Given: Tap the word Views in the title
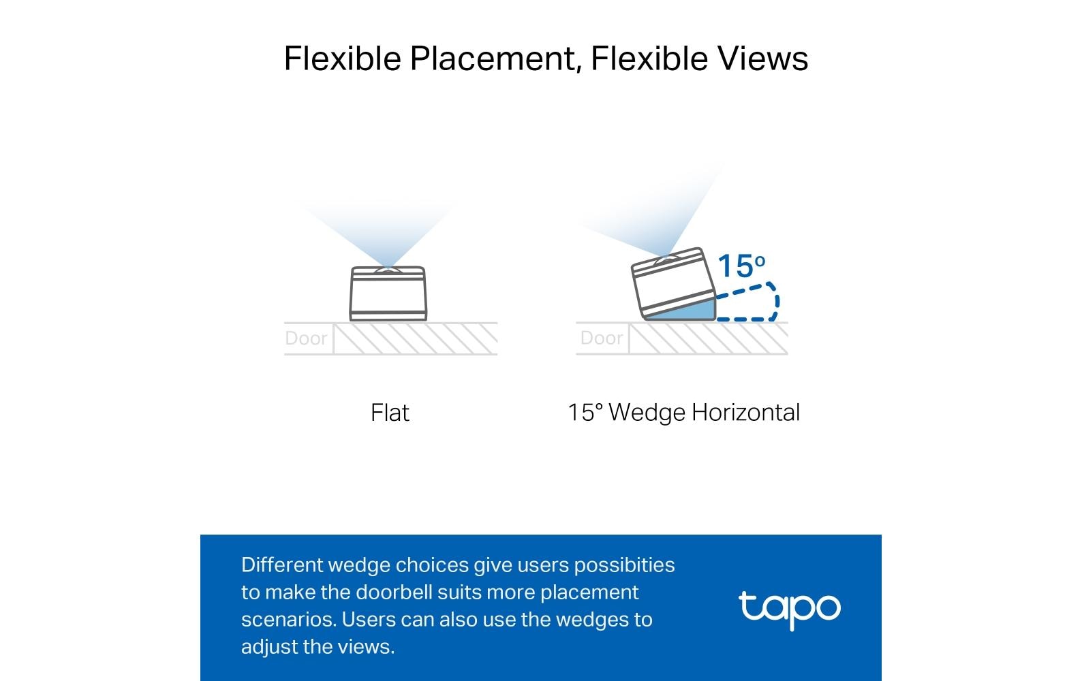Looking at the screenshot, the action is click(x=762, y=59).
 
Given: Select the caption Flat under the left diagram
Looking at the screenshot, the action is click(x=390, y=413).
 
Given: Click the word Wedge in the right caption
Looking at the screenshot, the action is click(x=647, y=413).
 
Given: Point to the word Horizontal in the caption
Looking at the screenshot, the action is click(x=746, y=413).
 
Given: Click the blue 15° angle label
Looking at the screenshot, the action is click(x=741, y=266).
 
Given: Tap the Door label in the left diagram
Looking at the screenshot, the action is click(x=306, y=338).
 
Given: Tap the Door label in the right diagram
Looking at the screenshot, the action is click(x=602, y=338).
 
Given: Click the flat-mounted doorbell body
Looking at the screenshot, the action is click(x=388, y=294).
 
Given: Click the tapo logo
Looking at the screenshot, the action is click(x=790, y=609).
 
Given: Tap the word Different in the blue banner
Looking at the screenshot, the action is click(x=282, y=565).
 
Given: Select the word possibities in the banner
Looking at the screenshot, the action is click(x=624, y=566).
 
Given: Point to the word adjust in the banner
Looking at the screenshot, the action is click(x=269, y=647).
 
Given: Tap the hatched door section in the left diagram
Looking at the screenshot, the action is click(x=416, y=339).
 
